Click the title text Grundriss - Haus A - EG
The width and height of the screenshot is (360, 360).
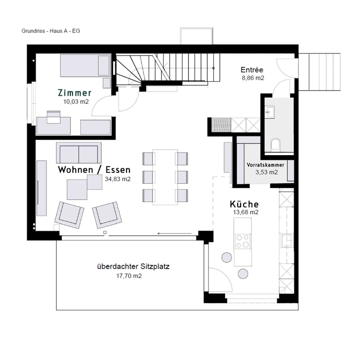point(51,31)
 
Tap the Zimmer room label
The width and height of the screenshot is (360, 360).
point(75,93)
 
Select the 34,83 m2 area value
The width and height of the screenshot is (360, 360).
point(118,179)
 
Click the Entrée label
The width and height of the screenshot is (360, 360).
point(252,69)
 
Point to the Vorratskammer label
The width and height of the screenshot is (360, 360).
point(265,165)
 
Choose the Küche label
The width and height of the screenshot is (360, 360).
point(244,204)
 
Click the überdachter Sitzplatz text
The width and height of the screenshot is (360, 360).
point(133,267)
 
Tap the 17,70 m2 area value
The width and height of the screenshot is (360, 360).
point(129,276)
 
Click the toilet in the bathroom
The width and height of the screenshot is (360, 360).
point(276,145)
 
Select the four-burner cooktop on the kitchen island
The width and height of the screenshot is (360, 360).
point(243,241)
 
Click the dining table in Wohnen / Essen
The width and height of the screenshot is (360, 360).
point(165,177)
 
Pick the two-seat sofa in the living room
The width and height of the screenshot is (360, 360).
point(79,153)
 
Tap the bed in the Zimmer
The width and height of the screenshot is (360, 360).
point(85,66)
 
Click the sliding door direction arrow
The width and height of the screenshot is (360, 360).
point(174,233)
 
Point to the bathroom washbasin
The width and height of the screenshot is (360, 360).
point(270,112)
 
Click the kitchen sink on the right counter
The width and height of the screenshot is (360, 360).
point(286,240)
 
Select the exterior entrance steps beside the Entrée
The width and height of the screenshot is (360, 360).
point(319,72)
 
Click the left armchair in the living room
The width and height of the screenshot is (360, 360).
point(69,215)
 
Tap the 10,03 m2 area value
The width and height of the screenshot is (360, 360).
point(76,101)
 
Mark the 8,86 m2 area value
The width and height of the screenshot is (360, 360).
point(253,78)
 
